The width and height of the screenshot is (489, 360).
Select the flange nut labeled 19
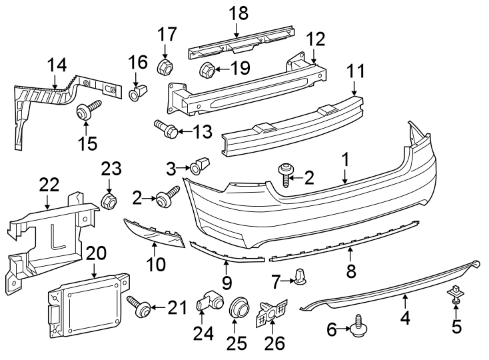click(x=206, y=69)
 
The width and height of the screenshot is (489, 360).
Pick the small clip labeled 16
click(x=138, y=92)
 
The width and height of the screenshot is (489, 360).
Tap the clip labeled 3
click(x=199, y=165)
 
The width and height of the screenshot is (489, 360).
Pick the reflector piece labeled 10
click(x=155, y=233)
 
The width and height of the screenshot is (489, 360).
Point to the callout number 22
click(x=49, y=184)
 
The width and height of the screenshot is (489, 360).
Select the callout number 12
click(x=316, y=39)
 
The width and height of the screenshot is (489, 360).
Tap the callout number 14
click(x=57, y=66)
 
